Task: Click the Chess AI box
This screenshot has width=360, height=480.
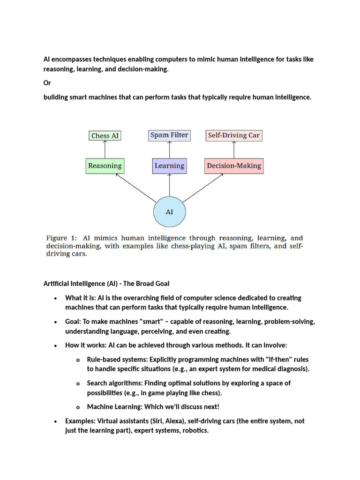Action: point(105,136)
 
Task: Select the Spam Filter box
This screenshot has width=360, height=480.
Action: point(169,135)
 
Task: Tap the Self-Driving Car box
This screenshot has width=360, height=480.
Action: point(233,135)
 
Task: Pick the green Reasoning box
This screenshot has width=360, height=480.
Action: point(105,165)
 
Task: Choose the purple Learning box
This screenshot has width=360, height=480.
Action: point(169,165)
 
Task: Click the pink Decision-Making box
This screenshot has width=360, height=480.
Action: point(233,165)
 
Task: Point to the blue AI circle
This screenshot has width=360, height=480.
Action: point(169,212)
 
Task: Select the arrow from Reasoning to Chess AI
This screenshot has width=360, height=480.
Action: point(105,150)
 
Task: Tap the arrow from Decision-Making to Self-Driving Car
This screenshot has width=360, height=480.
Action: point(233,150)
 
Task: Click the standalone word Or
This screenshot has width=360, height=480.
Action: point(47,83)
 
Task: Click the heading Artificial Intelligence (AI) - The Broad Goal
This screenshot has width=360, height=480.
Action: point(106,284)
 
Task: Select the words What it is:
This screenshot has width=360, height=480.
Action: point(80,298)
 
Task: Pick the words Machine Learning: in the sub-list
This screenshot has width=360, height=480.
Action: point(114,407)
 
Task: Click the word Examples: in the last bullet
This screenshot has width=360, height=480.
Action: point(80,421)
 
